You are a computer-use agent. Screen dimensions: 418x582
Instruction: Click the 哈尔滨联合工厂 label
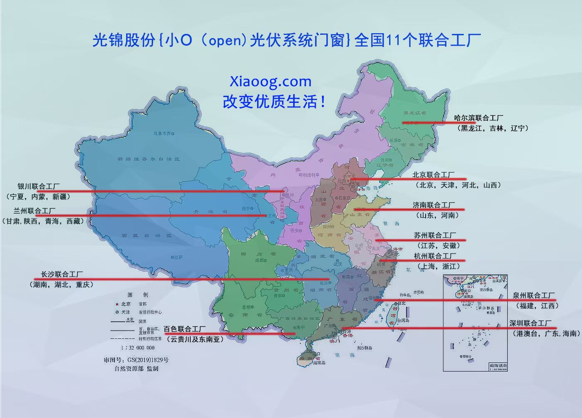click(x=478, y=118)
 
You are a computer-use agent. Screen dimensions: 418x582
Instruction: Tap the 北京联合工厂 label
click(x=433, y=175)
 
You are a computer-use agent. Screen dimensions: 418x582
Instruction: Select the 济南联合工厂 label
click(x=433, y=205)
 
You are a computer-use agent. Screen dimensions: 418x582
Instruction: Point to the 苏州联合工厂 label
click(x=435, y=235)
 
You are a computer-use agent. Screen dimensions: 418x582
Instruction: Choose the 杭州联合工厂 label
click(x=435, y=256)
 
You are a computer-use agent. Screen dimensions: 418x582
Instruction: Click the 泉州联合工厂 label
click(x=533, y=295)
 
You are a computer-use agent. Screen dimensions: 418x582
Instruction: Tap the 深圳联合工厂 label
click(x=530, y=323)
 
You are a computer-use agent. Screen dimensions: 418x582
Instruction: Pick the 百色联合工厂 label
click(x=185, y=329)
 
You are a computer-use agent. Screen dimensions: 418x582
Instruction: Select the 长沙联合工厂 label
click(x=62, y=274)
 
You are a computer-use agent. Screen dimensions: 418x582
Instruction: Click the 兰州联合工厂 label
click(x=34, y=211)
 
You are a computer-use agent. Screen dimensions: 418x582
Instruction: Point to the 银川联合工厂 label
click(x=38, y=186)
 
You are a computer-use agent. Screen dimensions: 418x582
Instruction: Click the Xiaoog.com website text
click(x=270, y=81)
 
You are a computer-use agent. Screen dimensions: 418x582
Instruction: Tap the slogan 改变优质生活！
click(x=274, y=102)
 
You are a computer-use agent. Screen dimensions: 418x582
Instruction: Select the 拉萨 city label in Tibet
click(x=178, y=257)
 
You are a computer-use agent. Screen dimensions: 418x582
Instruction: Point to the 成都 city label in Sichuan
click(x=259, y=260)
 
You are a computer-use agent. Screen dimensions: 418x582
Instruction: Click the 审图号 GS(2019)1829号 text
click(x=136, y=360)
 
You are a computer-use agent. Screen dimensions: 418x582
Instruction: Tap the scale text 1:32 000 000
click(x=137, y=348)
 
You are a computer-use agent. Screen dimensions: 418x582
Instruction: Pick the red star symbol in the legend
click(x=117, y=304)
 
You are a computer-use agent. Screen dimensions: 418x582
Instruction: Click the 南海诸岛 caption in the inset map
click(x=497, y=365)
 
